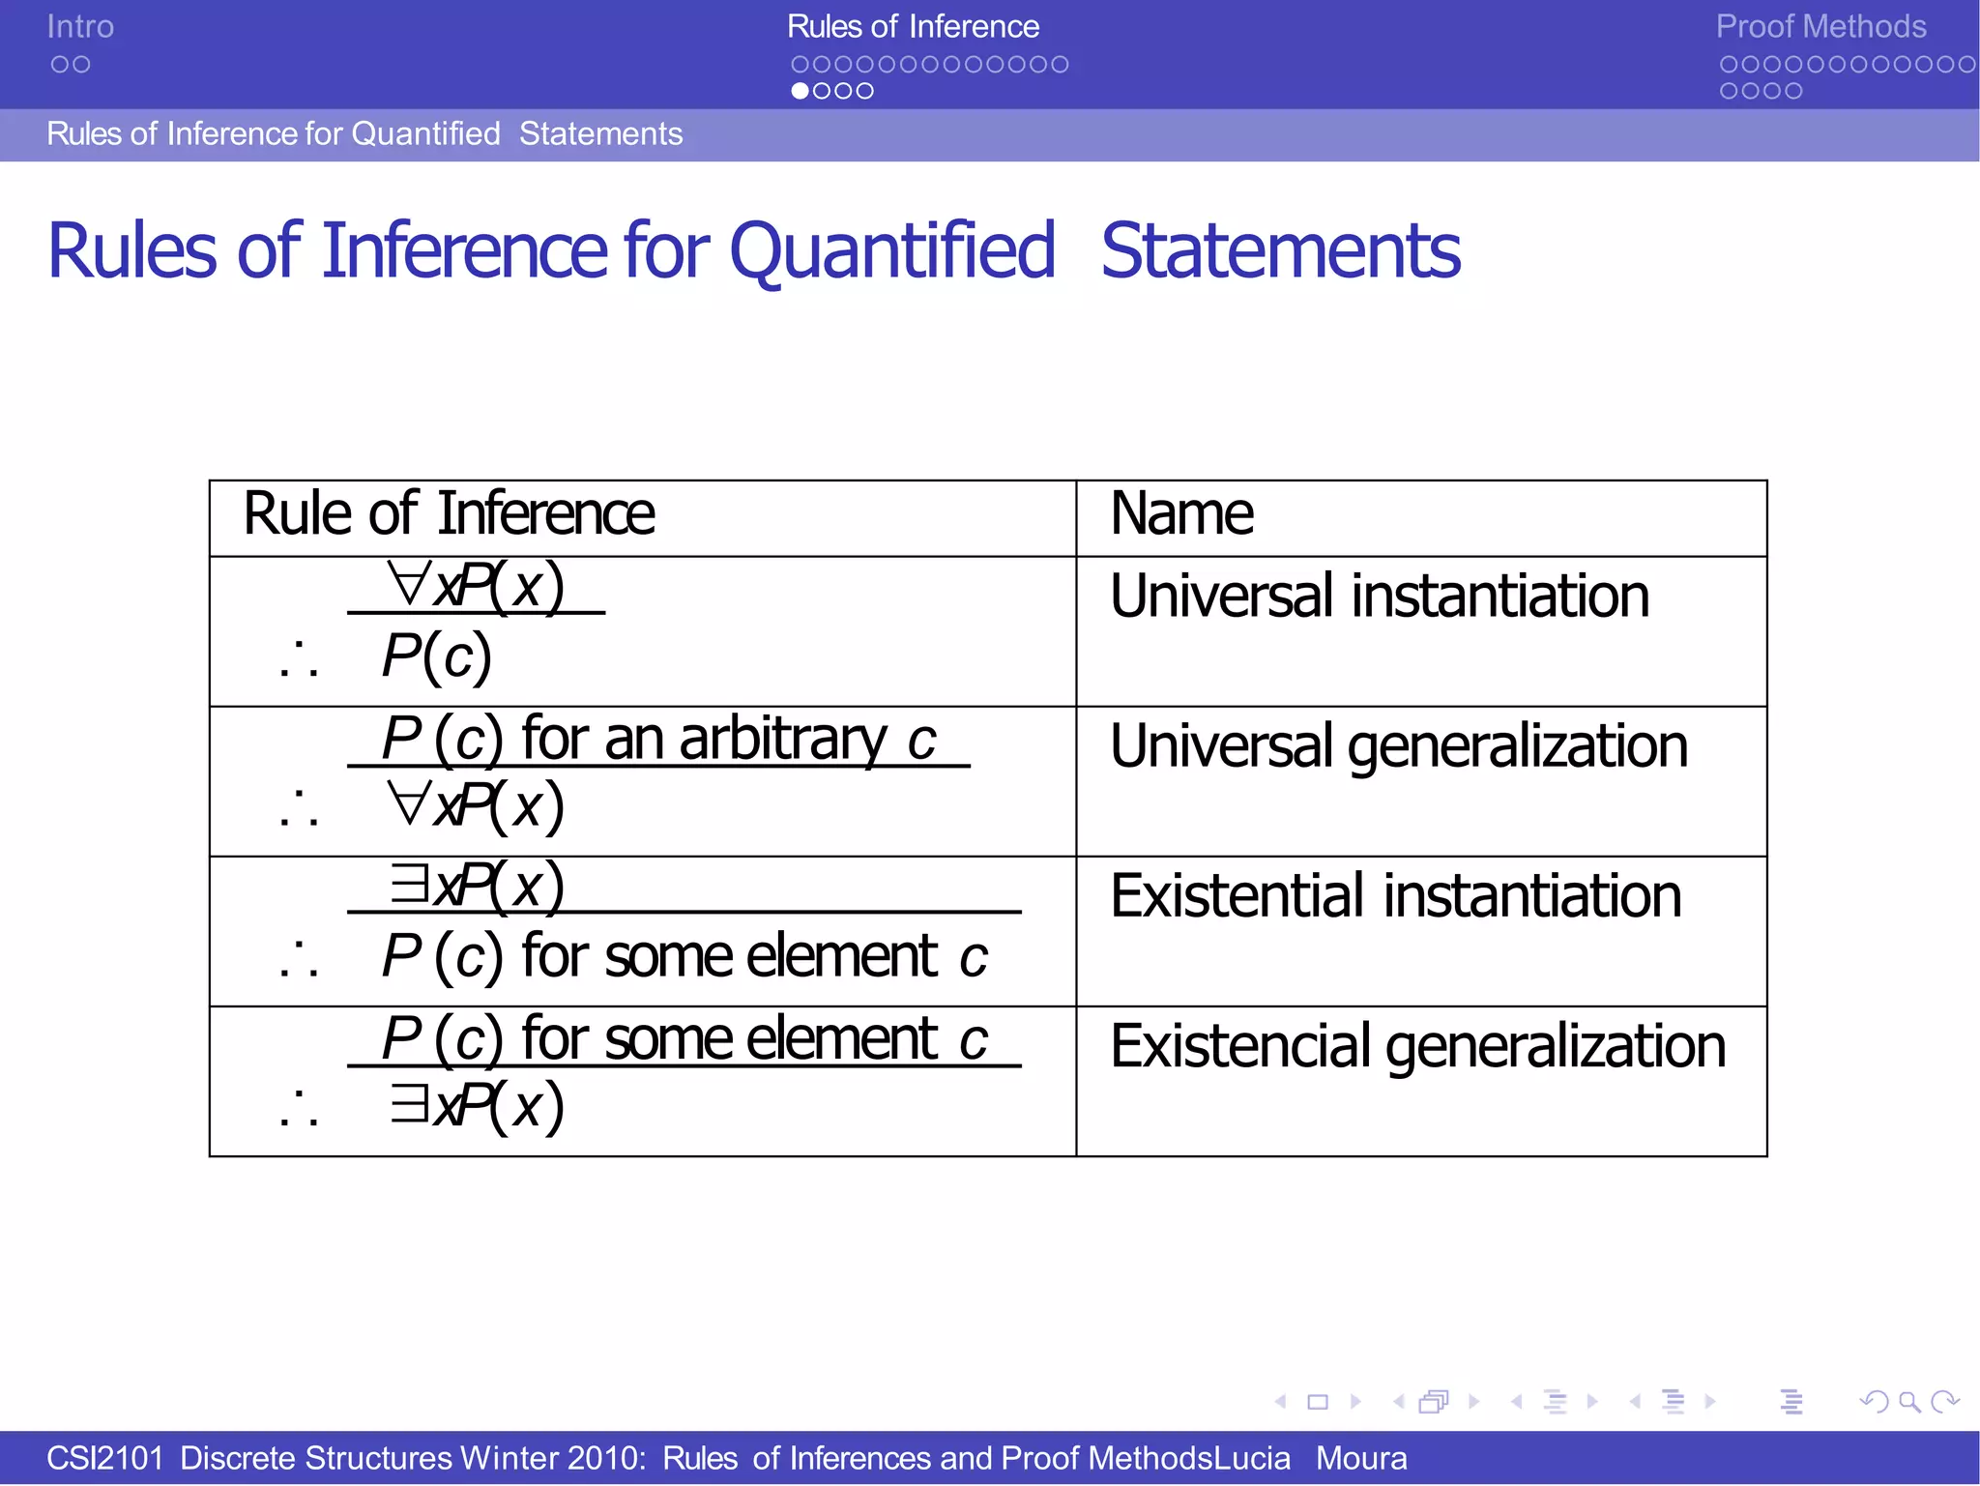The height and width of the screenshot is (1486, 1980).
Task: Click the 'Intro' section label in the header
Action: tap(80, 27)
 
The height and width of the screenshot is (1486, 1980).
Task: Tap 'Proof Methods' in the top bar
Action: tap(1820, 27)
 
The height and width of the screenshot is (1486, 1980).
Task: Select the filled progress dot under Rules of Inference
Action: tap(801, 91)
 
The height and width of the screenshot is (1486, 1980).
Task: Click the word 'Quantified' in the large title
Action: tap(891, 251)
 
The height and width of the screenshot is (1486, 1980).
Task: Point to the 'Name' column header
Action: tap(1181, 513)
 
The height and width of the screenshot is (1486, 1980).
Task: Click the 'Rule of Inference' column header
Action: tap(449, 513)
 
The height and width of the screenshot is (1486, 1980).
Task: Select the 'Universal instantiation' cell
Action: tap(1379, 596)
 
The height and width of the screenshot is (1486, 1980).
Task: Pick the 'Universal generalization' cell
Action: tap(1398, 746)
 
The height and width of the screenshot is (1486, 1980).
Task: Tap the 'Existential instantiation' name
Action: tap(1395, 896)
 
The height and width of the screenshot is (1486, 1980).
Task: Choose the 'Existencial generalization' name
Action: tap(1417, 1046)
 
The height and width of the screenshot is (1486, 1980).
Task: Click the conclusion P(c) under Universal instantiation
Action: tap(437, 657)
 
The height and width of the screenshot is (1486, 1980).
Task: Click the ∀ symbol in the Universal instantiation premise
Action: tap(408, 585)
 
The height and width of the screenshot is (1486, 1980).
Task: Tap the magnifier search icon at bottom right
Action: tap(1909, 1402)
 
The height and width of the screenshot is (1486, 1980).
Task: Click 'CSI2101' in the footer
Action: tap(104, 1458)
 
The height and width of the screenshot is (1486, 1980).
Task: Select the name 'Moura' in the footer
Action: tap(1361, 1458)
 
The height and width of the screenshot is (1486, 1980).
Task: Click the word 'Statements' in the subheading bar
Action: tap(600, 134)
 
